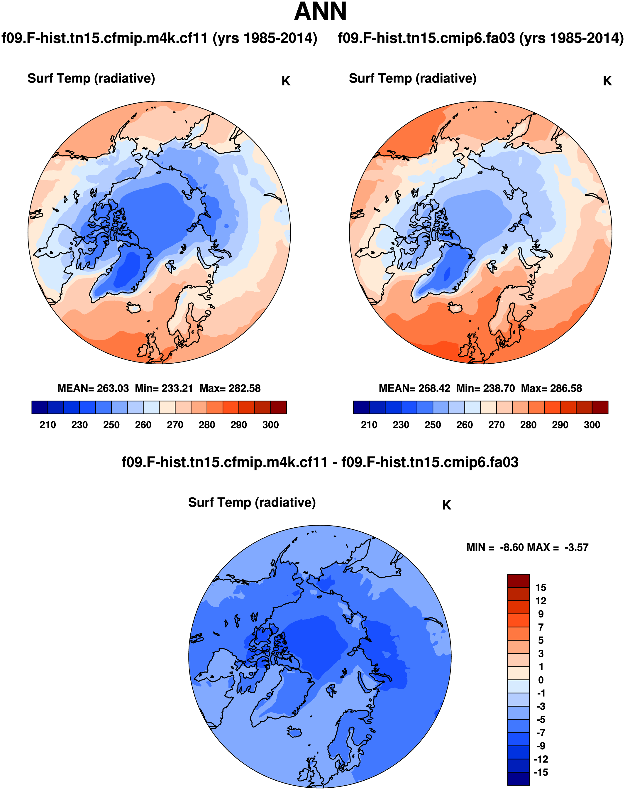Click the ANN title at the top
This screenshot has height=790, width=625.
pyautogui.click(x=320, y=12)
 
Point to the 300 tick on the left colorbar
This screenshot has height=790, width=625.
pyautogui.click(x=270, y=425)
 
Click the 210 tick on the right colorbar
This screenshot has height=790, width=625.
pyautogui.click(x=369, y=425)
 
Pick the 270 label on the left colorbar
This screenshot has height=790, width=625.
pyautogui.click(x=175, y=425)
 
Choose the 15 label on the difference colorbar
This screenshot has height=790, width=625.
pyautogui.click(x=541, y=588)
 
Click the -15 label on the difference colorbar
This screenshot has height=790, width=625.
pyautogui.click(x=541, y=772)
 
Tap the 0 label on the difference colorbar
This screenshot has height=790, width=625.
pyautogui.click(x=541, y=680)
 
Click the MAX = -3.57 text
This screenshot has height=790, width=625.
pyautogui.click(x=563, y=548)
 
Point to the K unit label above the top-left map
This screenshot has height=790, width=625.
pyautogui.click(x=286, y=81)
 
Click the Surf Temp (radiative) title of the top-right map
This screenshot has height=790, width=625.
pyautogui.click(x=412, y=78)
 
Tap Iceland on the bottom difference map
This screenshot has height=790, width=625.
pyautogui.click(x=294, y=732)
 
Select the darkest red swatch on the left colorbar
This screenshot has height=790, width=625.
pyautogui.click(x=278, y=407)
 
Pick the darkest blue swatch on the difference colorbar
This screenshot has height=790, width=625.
pyautogui.click(x=518, y=779)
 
